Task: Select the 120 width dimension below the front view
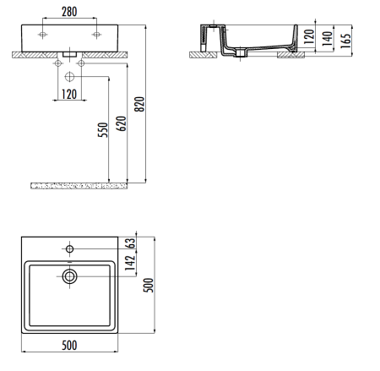pyautogui.click(x=70, y=94)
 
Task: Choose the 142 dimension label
pyautogui.click(x=131, y=267)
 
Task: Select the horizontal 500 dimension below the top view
pyautogui.click(x=71, y=346)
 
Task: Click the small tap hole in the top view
pyautogui.click(x=70, y=249)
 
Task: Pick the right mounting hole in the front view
pyautogui.click(x=97, y=34)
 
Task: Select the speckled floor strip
pyautogui.click(x=78, y=184)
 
